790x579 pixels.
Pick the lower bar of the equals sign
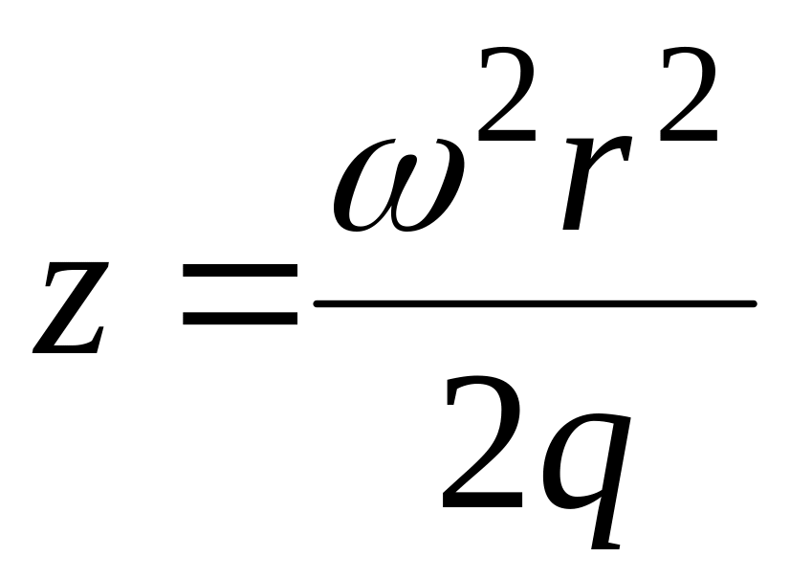240,323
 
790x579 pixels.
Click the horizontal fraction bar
536,304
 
